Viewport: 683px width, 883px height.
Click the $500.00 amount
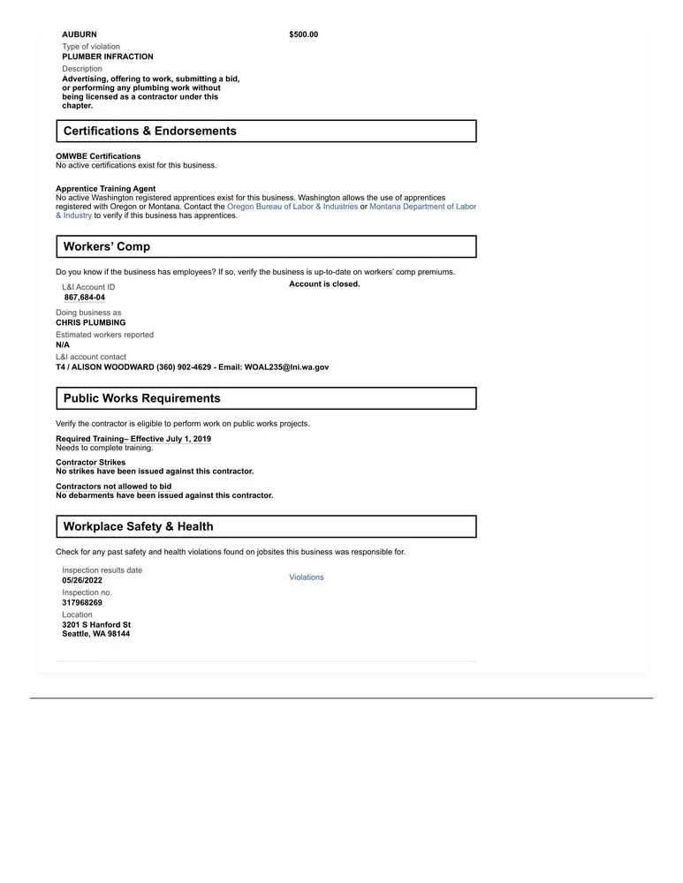(303, 34)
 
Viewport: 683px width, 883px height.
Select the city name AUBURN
(80, 34)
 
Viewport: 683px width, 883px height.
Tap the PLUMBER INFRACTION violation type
(107, 57)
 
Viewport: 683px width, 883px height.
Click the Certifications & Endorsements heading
(149, 131)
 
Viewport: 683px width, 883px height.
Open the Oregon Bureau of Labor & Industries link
(292, 207)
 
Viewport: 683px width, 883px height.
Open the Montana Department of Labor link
(422, 207)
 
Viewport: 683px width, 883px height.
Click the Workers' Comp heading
(106, 246)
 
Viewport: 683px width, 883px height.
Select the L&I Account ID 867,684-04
(84, 298)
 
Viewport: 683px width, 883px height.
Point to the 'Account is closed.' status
(324, 284)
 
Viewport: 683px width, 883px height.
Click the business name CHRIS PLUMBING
(90, 322)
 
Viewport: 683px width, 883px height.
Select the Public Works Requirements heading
(141, 398)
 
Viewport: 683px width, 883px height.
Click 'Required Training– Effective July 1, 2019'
(133, 439)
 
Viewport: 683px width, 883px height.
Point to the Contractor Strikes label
(90, 462)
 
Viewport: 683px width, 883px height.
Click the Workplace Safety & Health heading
(138, 526)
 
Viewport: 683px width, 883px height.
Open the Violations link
(306, 577)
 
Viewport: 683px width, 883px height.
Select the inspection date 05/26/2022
(82, 580)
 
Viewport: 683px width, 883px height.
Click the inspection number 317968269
(82, 602)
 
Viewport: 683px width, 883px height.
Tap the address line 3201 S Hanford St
(96, 624)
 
